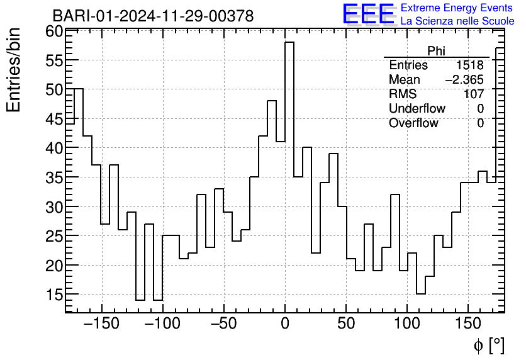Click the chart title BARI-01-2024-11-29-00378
click(153, 16)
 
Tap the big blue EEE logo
click(368, 14)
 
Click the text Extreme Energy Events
click(457, 8)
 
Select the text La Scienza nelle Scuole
click(457, 21)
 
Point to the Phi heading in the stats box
click(436, 51)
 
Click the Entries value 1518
click(470, 65)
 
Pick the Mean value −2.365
click(464, 80)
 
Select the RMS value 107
click(474, 94)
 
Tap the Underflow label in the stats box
click(417, 109)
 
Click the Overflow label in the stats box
click(413, 123)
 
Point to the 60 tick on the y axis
click(54, 31)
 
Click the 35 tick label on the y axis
click(54, 177)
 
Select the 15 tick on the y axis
click(54, 295)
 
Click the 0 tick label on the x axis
click(285, 325)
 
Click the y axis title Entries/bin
click(14, 70)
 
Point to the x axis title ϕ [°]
click(489, 346)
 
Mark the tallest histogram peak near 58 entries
click(289, 43)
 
